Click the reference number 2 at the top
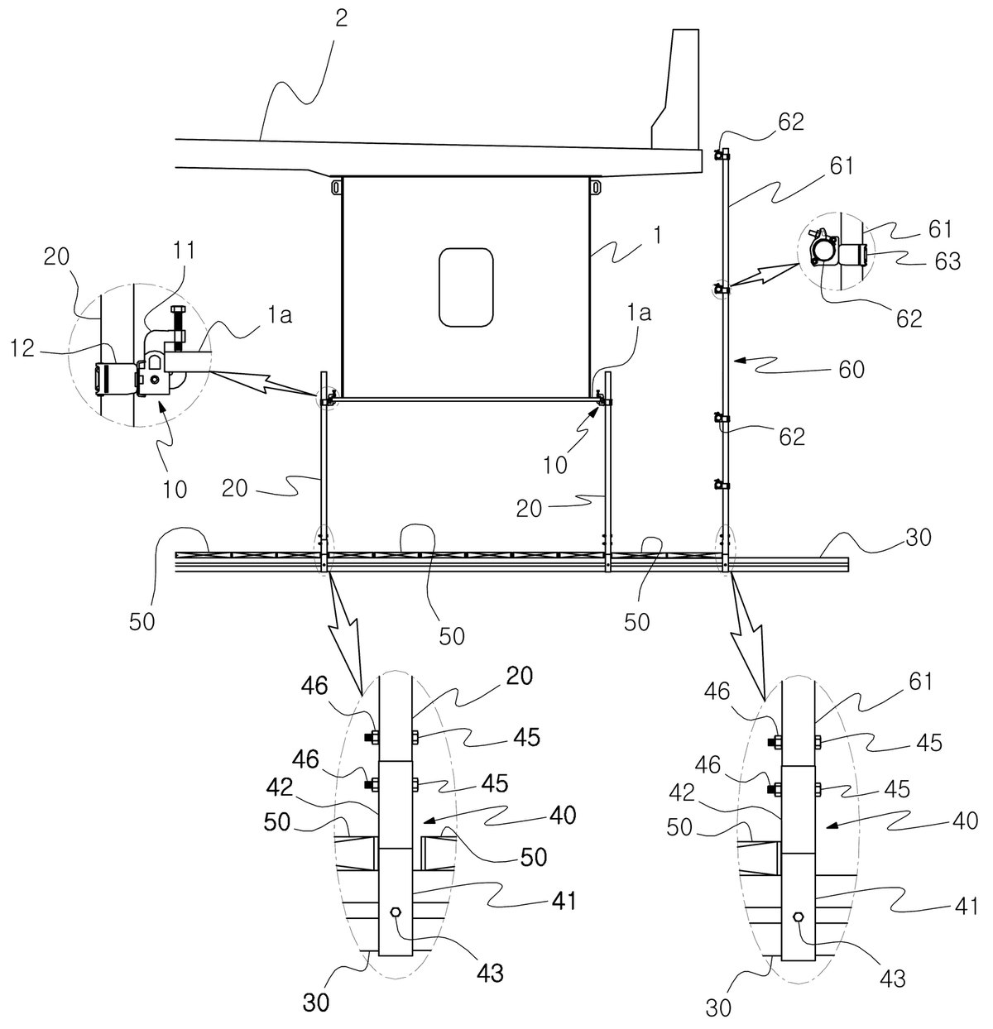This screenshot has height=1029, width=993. (341, 20)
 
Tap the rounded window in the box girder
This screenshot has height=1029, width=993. (466, 287)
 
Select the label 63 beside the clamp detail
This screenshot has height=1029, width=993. (947, 261)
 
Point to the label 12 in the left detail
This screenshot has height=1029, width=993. (23, 347)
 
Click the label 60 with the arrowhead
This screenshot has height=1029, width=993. (851, 369)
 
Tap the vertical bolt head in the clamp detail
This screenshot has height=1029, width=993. (177, 309)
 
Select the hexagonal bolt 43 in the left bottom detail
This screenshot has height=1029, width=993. (396, 912)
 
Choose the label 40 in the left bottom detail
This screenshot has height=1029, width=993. (563, 816)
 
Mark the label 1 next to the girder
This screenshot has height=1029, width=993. (657, 235)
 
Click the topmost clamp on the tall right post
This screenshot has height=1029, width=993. (722, 155)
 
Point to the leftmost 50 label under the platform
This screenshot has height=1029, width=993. (142, 622)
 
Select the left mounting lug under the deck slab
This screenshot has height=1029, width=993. (336, 188)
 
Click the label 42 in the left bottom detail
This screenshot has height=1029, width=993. (280, 787)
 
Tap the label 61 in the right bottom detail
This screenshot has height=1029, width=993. (920, 681)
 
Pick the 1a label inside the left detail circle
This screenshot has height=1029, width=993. (279, 315)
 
